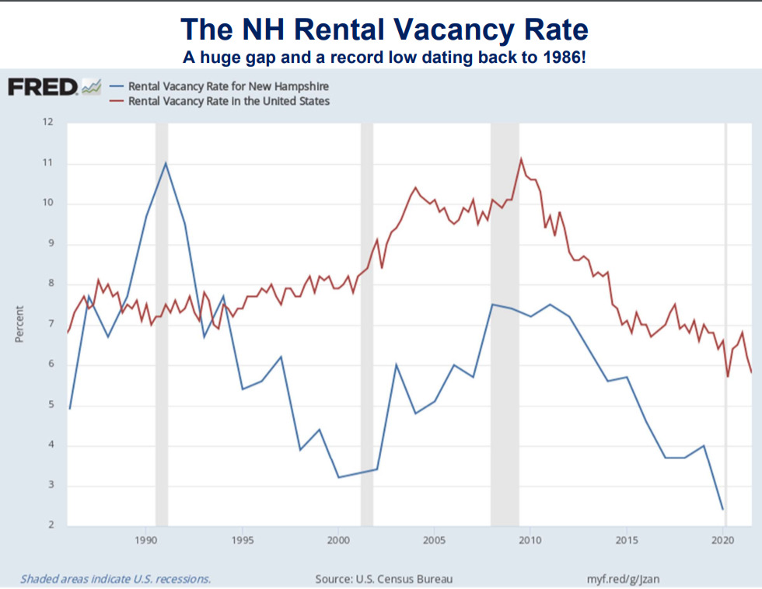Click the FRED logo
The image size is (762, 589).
tap(43, 87)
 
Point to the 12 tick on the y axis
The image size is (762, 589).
tap(48, 122)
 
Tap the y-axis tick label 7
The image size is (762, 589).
tap(51, 324)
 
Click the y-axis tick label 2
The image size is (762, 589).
tap(51, 526)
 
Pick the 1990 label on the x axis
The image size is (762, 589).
tap(145, 540)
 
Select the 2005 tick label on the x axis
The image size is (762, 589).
tap(435, 540)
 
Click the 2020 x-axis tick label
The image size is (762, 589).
tap(723, 540)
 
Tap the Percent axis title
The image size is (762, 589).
tap(19, 323)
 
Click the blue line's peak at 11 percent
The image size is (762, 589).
tap(166, 162)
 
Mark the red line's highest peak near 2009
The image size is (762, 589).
tap(521, 159)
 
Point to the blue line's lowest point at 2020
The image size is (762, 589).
tap(723, 510)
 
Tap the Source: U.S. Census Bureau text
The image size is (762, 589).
tap(383, 579)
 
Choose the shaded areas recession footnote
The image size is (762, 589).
tap(115, 579)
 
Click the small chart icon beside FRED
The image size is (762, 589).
tap(92, 87)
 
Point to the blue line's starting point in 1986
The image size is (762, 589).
tap(70, 408)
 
